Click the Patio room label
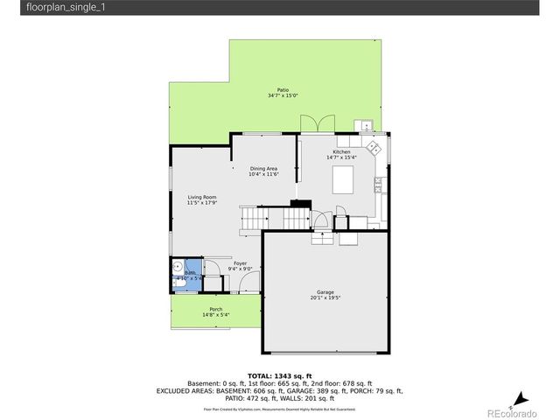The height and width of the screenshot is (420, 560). pyautogui.click(x=283, y=89)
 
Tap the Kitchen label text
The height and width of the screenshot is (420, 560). pyautogui.click(x=341, y=151)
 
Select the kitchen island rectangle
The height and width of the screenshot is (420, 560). pyautogui.click(x=344, y=180)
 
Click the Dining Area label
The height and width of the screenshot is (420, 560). pyautogui.click(x=263, y=168)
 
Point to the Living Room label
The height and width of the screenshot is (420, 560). pyautogui.click(x=201, y=197)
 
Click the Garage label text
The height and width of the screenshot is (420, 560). pyautogui.click(x=325, y=292)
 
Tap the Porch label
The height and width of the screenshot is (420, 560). pyautogui.click(x=215, y=309)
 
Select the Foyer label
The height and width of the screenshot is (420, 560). pyautogui.click(x=240, y=263)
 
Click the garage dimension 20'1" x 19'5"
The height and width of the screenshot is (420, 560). pyautogui.click(x=325, y=298)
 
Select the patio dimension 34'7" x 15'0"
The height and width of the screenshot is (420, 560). pyautogui.click(x=283, y=95)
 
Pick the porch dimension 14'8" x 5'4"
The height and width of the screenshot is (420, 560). pyautogui.click(x=215, y=315)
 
